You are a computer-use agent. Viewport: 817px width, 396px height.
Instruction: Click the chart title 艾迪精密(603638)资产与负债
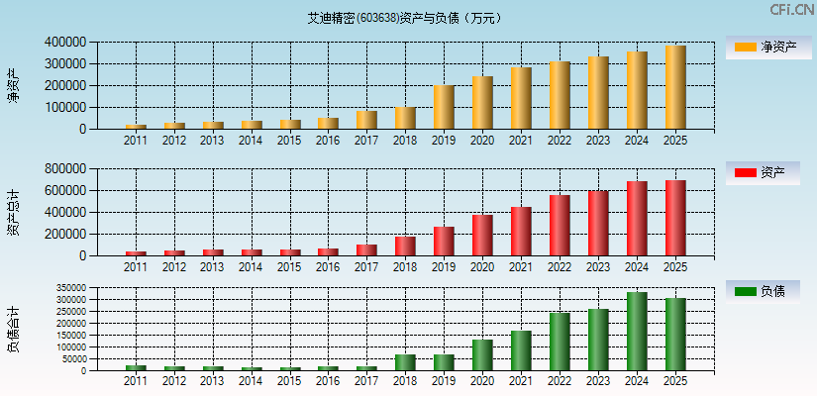404,18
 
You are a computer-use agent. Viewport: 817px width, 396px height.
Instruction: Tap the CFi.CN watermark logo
791,10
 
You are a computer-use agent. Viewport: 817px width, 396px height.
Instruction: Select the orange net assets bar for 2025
675,87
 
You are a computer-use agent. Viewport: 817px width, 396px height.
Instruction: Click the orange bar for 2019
444,107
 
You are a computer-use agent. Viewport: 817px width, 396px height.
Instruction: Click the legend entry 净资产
768,47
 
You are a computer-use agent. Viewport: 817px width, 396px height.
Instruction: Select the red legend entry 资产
768,172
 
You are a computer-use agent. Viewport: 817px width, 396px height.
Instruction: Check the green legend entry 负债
768,291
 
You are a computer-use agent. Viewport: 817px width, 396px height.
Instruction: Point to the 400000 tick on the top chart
64,43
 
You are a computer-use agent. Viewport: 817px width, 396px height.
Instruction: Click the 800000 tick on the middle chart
64,169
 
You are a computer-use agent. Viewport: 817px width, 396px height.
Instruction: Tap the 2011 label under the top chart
136,141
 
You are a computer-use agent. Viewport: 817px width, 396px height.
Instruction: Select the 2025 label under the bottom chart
675,381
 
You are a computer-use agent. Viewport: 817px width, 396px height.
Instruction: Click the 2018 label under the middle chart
405,267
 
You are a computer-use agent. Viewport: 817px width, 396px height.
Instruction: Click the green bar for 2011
136,368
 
